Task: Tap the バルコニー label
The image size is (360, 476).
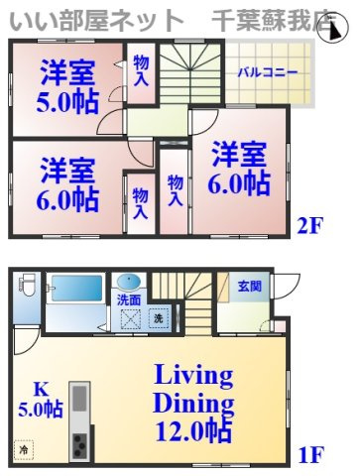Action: (x=261, y=72)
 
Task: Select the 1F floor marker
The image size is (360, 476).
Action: (x=310, y=456)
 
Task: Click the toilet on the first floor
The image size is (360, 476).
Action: (x=28, y=293)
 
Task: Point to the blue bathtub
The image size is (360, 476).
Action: (x=74, y=289)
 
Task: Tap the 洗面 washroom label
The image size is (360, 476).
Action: (x=129, y=298)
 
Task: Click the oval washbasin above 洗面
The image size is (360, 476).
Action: (x=128, y=282)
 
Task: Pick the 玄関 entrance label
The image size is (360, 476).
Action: (x=249, y=287)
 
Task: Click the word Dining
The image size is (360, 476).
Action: (x=193, y=405)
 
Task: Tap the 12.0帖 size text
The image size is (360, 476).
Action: (x=193, y=433)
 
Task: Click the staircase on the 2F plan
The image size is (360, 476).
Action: (x=192, y=74)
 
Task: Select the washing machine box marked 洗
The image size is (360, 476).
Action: (x=158, y=318)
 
